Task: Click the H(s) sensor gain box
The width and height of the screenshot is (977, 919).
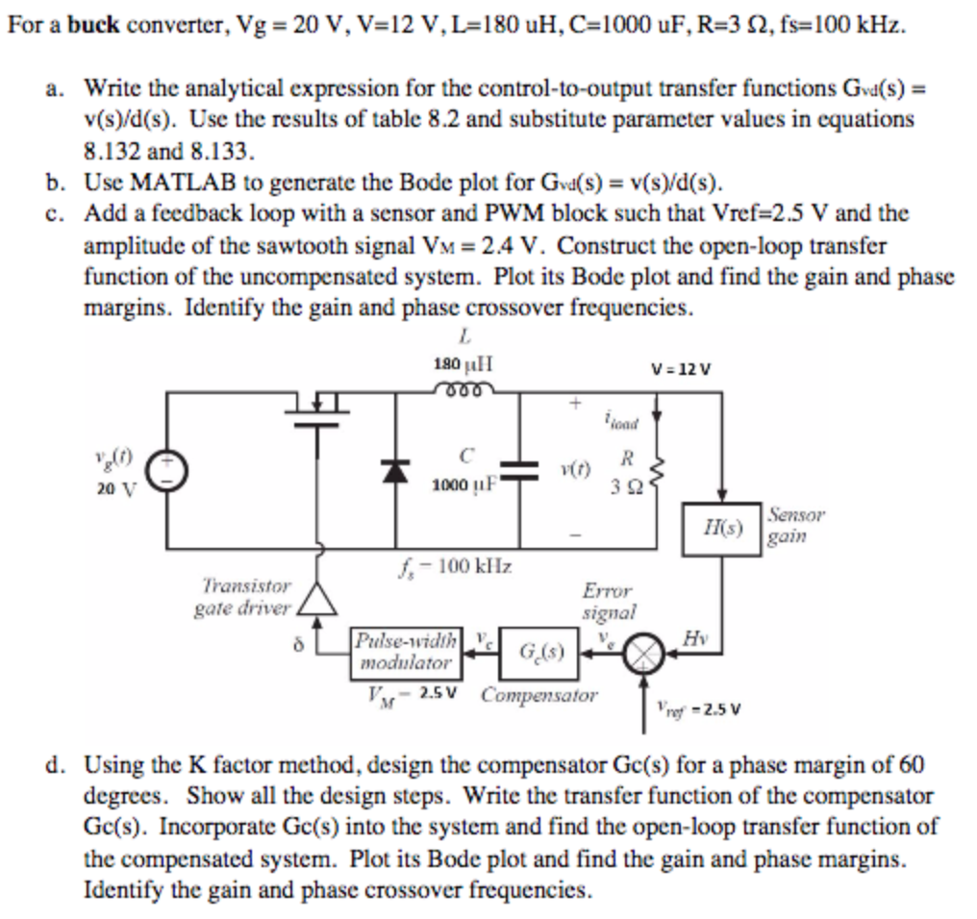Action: [x=721, y=528]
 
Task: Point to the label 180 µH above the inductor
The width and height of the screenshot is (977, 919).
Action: [x=463, y=364]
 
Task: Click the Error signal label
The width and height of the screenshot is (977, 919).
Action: [x=607, y=601]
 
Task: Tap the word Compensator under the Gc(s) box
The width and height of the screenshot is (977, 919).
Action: [x=539, y=693]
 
